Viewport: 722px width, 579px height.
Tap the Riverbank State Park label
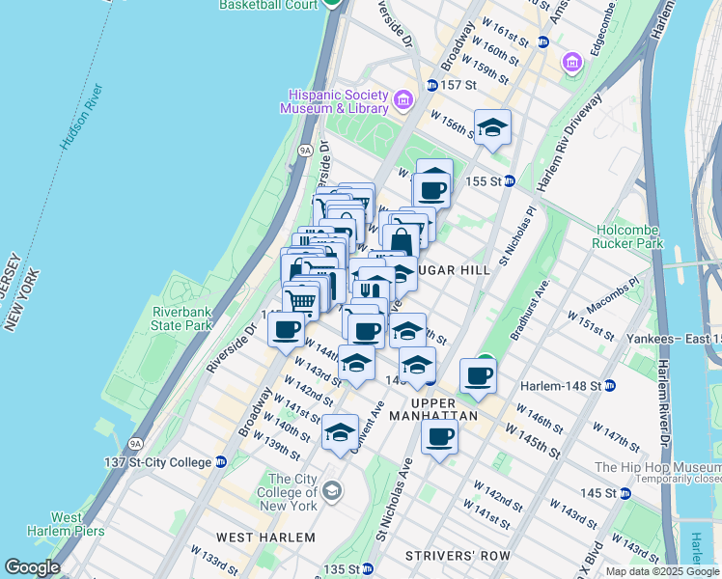pos(181,318)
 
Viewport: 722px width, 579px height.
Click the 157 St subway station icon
pos(432,85)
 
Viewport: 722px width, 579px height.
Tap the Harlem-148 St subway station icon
pos(610,386)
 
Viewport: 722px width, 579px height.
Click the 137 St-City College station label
pos(157,462)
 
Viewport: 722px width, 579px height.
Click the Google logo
pos(32,567)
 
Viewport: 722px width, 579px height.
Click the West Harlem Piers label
pos(52,524)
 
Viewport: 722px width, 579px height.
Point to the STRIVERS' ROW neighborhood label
pos(451,555)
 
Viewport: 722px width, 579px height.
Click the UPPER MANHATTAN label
pos(444,408)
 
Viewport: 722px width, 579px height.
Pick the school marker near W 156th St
pos(492,128)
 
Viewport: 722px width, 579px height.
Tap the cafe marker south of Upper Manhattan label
pos(440,437)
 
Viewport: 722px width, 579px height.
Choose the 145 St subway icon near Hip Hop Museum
pos(625,493)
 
